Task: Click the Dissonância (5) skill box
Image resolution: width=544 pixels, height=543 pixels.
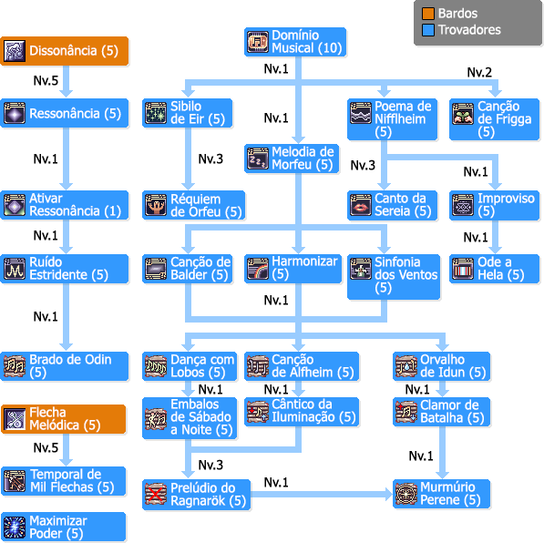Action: coord(65,51)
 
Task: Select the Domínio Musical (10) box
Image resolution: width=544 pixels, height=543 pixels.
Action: coord(295,42)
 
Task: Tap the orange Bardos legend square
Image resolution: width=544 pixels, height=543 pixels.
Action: coord(428,14)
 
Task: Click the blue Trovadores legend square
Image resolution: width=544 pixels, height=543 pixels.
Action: coord(428,30)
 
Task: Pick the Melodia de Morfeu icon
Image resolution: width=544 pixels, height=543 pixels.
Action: coord(258,159)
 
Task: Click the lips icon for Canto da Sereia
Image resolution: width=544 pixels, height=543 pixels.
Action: coord(361,205)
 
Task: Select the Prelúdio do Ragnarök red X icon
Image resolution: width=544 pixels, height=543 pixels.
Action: coord(156,494)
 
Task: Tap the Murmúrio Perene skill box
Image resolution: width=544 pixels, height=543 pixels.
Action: coord(441,494)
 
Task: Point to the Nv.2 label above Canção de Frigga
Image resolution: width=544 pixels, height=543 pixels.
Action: coord(479,72)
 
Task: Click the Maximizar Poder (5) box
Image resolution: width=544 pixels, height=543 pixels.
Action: coord(63,527)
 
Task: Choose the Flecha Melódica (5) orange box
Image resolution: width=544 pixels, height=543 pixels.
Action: coord(63,419)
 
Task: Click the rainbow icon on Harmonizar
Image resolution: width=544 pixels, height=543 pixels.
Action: coord(258,269)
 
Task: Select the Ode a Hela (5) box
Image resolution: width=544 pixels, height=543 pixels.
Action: coord(495,269)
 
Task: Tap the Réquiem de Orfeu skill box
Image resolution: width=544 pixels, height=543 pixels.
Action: coord(193,205)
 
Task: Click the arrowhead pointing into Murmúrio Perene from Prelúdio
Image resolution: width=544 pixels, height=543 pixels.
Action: coord(388,494)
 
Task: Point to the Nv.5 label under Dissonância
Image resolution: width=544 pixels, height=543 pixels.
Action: coord(46,80)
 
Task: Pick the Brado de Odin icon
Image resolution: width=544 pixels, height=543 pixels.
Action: coord(15,366)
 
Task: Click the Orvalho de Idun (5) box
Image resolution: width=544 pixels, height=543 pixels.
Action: coord(441,366)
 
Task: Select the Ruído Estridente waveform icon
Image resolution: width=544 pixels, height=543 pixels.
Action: coord(15,269)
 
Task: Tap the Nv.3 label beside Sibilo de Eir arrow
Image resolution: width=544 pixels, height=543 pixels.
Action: coord(210,159)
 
